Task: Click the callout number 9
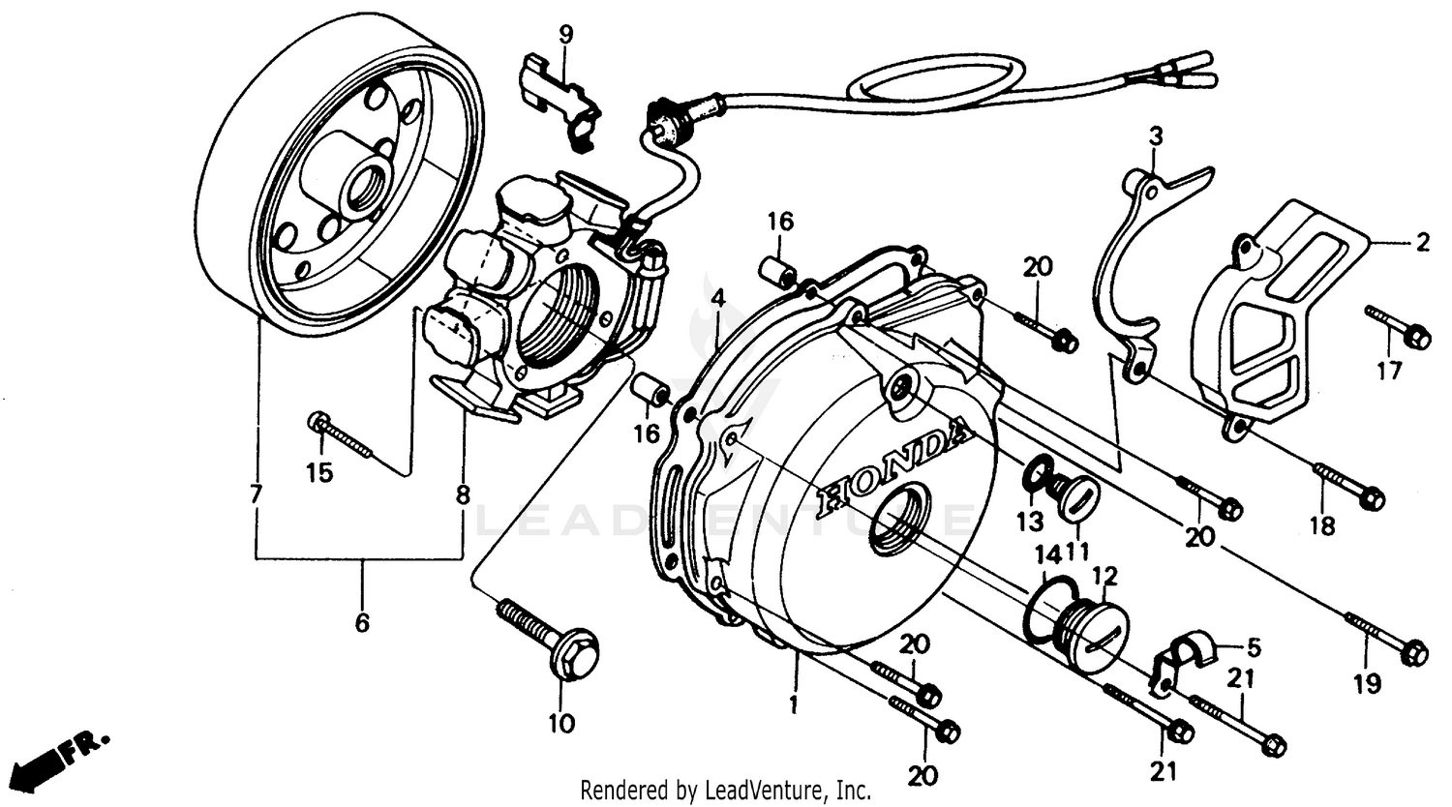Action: tap(565, 35)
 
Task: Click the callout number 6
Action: tap(362, 622)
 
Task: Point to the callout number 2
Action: tap(1421, 243)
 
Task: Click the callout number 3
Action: tap(1155, 135)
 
